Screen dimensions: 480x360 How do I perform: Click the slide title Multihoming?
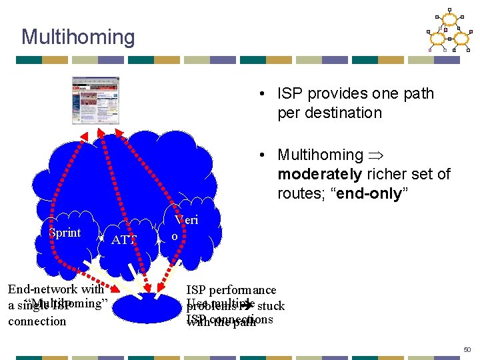(x=78, y=37)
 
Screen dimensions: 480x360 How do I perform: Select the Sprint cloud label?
(x=65, y=233)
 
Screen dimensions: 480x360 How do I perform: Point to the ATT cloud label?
(x=125, y=240)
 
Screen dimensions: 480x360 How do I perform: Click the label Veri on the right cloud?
(x=187, y=220)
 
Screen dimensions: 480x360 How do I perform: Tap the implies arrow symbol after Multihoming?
(x=376, y=155)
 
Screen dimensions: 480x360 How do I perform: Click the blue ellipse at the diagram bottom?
(x=153, y=304)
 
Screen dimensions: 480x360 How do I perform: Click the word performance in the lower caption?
(x=243, y=290)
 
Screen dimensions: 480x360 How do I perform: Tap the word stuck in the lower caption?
(x=271, y=307)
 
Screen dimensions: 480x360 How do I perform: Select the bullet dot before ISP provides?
(x=265, y=94)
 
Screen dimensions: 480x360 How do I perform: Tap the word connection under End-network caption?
(x=37, y=321)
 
